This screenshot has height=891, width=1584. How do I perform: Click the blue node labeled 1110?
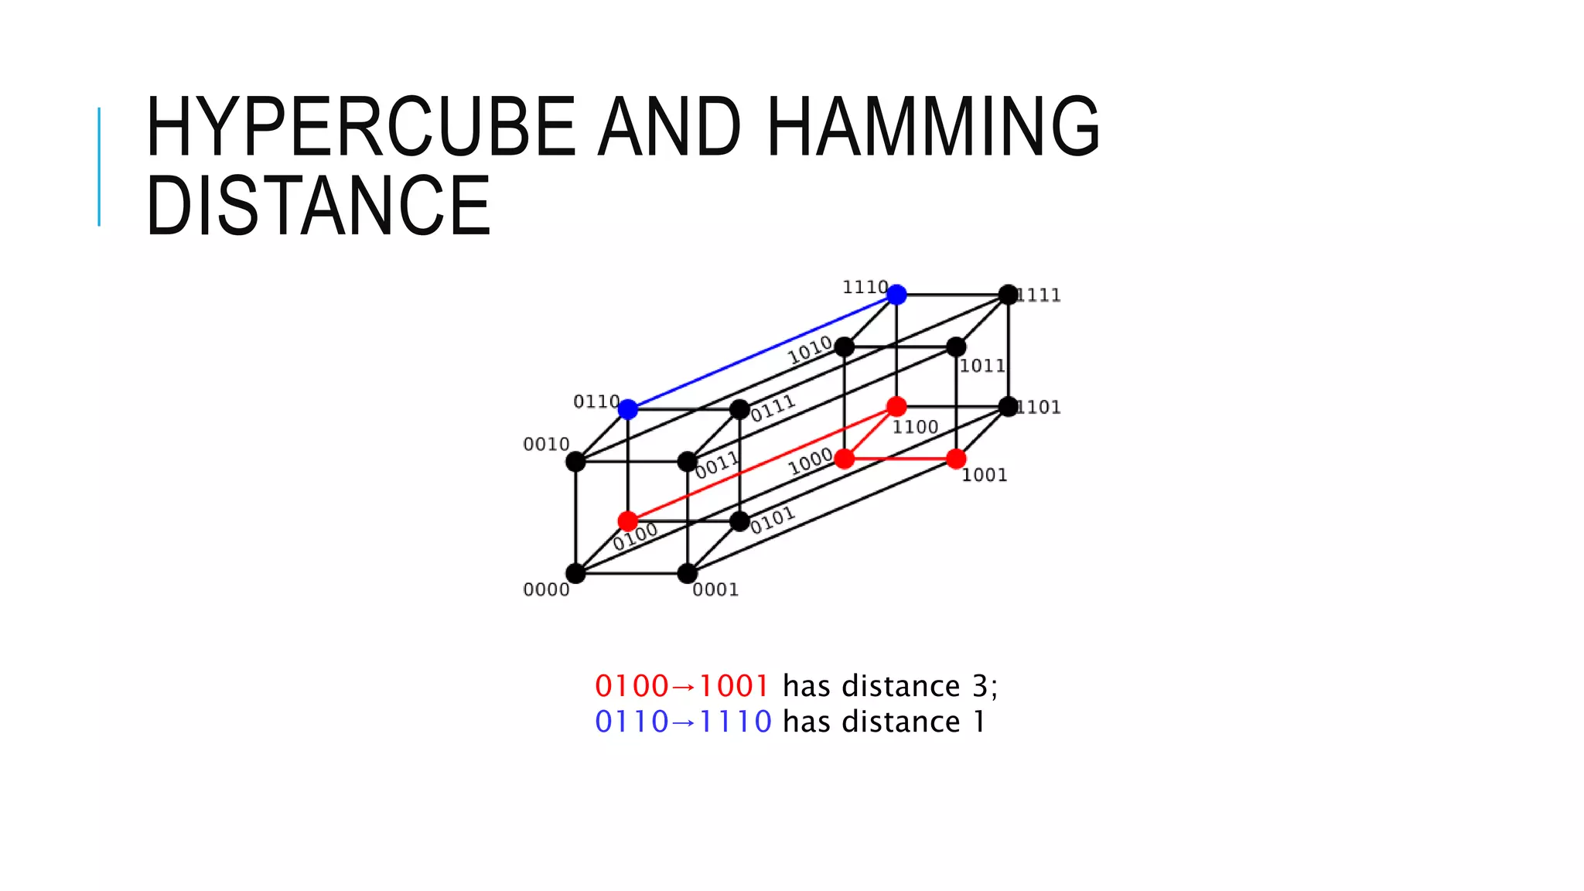[x=896, y=295]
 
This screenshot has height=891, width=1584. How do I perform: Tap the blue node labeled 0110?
[x=628, y=409]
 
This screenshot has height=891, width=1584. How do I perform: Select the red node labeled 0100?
[x=628, y=521]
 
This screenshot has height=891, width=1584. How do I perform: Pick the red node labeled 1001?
[x=956, y=459]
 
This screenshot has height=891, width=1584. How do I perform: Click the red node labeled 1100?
[x=896, y=406]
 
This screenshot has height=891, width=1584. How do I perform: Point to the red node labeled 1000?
[x=845, y=459]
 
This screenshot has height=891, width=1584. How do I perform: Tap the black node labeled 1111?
[x=1008, y=295]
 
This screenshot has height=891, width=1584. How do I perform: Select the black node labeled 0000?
[x=575, y=573]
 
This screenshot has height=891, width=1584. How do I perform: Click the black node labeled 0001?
[x=687, y=573]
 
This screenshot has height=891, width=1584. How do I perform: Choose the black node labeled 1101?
[x=1008, y=406]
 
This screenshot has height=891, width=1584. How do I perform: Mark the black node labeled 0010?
[x=575, y=462]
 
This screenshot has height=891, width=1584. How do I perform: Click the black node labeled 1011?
[x=956, y=346]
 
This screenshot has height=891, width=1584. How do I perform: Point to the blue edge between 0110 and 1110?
[x=762, y=352]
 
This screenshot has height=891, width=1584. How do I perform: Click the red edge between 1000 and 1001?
[x=900, y=459]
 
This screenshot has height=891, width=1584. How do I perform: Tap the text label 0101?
[x=772, y=520]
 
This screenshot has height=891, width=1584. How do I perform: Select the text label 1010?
[x=810, y=351]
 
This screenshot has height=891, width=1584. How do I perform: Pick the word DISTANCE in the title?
[x=318, y=206]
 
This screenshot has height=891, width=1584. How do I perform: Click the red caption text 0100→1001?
[x=681, y=686]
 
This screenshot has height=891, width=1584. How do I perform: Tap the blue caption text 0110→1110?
[x=683, y=722]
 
